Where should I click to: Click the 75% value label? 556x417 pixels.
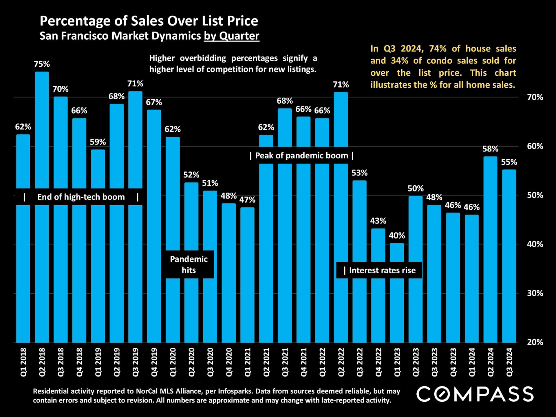coord(42,64)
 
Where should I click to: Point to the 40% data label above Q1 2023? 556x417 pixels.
coord(397,235)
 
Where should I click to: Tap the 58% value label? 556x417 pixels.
coord(490,149)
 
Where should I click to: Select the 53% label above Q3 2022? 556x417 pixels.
coord(359,173)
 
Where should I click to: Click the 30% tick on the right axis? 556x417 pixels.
coord(535,293)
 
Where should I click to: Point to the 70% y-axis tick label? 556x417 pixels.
coord(535,97)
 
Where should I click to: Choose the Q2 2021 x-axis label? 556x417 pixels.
coord(266,362)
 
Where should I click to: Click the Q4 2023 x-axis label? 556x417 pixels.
coord(453,362)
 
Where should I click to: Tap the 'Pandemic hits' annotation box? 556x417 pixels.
coord(189,264)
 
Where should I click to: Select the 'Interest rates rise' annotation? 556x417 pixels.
coord(379,270)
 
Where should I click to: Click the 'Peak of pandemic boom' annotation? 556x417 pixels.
coord(301,156)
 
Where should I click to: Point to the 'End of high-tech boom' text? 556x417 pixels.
coord(81,197)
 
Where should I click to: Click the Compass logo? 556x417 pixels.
coord(475,394)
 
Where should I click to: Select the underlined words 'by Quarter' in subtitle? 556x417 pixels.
coord(231,36)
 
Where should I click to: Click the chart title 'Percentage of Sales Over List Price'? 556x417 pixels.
coord(149,21)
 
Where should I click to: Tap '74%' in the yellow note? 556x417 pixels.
coord(438,48)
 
